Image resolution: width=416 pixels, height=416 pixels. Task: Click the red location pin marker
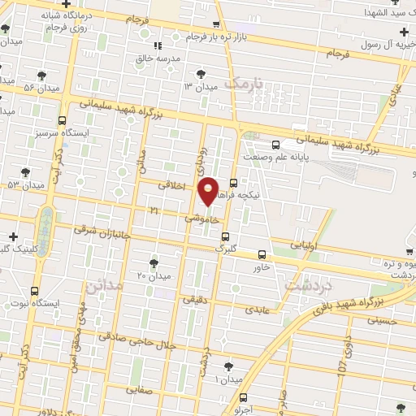[x=210, y=191]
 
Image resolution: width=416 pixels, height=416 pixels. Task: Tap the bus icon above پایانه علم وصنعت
[x=275, y=145]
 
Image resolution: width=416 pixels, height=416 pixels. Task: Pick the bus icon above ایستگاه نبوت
[x=34, y=291]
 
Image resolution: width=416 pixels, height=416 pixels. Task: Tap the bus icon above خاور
[x=261, y=254]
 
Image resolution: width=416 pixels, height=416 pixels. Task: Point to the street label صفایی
[x=139, y=390]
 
